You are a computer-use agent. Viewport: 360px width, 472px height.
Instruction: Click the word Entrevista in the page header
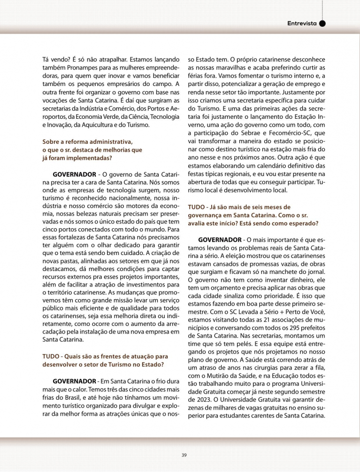(x=302, y=23)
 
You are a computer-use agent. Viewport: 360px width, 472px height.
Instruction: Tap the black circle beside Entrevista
(x=322, y=23)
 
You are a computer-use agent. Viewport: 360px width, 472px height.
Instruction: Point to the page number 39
(x=184, y=454)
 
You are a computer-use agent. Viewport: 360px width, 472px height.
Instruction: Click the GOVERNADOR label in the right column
(x=221, y=240)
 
